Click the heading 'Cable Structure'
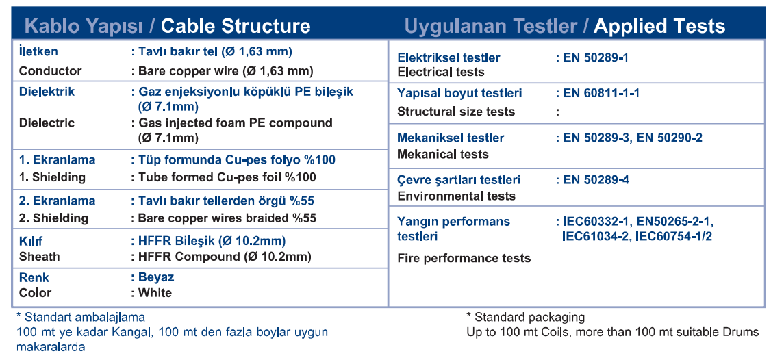pos(236,26)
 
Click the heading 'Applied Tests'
pos(659,26)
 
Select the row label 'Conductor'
pos(50,70)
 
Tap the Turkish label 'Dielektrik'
pos(47,92)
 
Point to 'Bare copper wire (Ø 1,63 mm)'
pos(226,70)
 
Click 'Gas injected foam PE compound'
pos(236,123)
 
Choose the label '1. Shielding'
pos(51,177)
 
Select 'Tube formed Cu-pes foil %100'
pos(227,177)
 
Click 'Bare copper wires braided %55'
pos(227,218)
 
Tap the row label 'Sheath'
pos(39,257)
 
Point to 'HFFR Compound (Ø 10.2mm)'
pos(225,257)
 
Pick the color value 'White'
pos(155,293)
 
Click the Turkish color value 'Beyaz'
pos(156,277)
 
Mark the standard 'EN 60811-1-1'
pos(601,93)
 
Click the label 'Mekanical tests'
pos(443,155)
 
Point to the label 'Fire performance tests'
pos(464,258)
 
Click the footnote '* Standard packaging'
pos(525,317)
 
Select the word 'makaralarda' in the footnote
pos(51,347)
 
